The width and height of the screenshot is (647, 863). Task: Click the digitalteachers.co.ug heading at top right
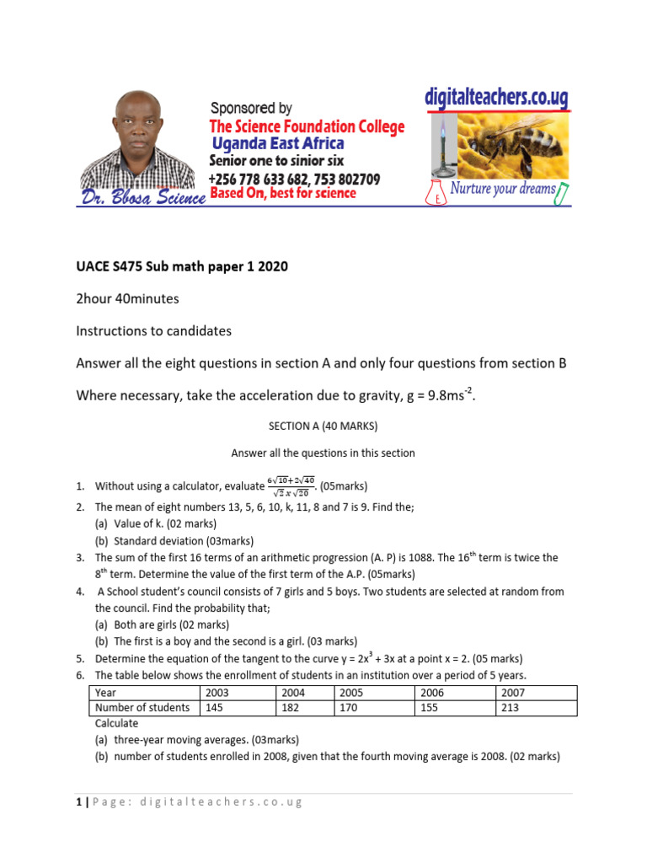[496, 98]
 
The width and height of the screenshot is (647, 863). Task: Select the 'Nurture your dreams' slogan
[503, 189]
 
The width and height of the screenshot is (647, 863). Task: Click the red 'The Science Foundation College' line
[307, 127]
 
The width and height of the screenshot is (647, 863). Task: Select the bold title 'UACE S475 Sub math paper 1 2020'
[182, 267]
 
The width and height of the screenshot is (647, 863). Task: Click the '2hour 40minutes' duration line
[127, 299]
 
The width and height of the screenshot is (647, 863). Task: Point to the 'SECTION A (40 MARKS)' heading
[323, 427]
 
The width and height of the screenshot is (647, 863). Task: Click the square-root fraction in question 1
[291, 485]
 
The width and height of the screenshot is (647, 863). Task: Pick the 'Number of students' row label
[143, 708]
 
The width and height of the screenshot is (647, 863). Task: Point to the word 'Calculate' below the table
[116, 723]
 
